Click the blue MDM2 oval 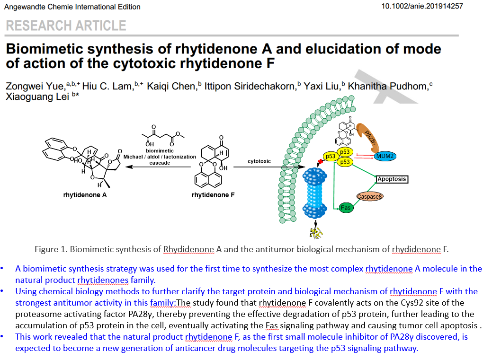pyautogui.click(x=385, y=156)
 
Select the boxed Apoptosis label pyautogui.click(x=392, y=179)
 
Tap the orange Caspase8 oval pyautogui.click(x=370, y=196)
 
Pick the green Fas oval pyautogui.click(x=347, y=207)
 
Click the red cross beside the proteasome pyautogui.click(x=321, y=162)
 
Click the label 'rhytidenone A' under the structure pyautogui.click(x=85, y=194)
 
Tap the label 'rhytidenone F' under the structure pyautogui.click(x=213, y=194)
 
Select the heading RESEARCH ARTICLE pyautogui.click(x=66, y=26)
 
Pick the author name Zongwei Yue pyautogui.click(x=35, y=87)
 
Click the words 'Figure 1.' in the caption pyautogui.click(x=51, y=249)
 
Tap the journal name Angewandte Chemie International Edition pyautogui.click(x=72, y=7)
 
